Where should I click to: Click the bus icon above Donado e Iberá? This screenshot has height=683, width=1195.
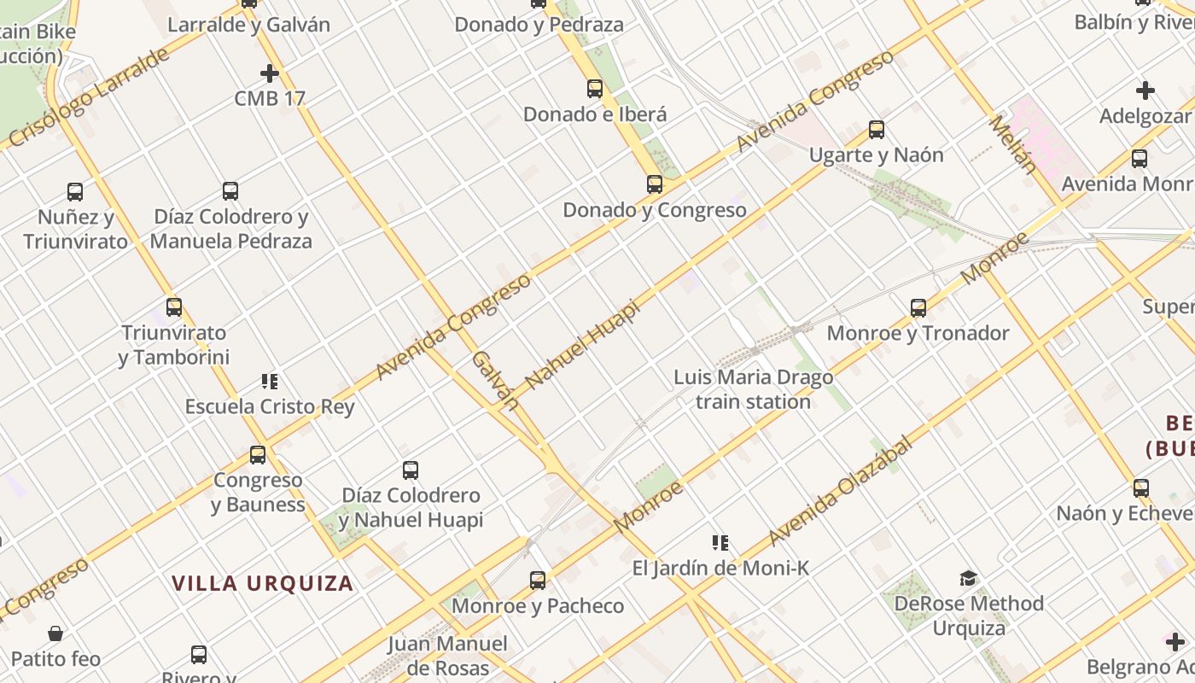tap(595, 88)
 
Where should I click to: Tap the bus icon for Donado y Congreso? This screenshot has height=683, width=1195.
tap(655, 184)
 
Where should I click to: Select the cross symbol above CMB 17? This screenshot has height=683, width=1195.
tap(270, 73)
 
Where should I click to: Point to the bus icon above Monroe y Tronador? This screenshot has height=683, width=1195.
tap(918, 308)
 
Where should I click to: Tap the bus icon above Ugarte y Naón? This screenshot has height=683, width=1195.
tap(877, 130)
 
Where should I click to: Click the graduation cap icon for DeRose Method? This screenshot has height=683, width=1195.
tap(968, 579)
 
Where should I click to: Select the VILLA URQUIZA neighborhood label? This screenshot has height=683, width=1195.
tap(263, 584)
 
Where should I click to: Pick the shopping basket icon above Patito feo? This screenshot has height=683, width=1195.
tap(55, 633)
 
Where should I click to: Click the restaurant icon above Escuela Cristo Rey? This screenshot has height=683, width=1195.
tap(270, 382)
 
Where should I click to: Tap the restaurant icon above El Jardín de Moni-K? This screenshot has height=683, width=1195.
tap(720, 543)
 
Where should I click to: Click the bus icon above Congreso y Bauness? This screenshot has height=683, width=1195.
tap(258, 455)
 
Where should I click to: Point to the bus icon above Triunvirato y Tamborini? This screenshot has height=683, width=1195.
tap(174, 307)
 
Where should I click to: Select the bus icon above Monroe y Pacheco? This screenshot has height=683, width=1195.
tap(538, 581)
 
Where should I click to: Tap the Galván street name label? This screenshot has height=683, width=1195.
tap(495, 380)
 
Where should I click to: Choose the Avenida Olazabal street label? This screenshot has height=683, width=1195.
tap(840, 491)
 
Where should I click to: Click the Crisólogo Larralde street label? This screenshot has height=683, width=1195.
tap(90, 99)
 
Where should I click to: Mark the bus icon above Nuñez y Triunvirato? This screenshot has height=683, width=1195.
tap(75, 192)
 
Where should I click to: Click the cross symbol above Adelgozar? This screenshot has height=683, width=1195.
tap(1145, 90)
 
